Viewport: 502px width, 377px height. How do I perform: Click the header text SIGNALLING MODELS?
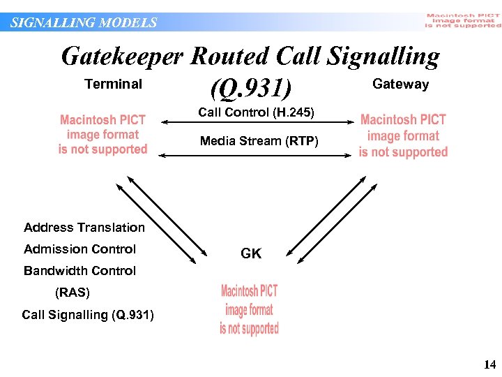[84, 22]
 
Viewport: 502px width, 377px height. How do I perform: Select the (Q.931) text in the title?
[249, 89]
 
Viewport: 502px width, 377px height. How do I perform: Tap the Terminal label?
[113, 84]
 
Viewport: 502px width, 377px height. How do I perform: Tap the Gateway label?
[401, 84]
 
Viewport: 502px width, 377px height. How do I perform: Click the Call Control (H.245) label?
[256, 112]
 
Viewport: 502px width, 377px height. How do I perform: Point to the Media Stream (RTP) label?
[259, 141]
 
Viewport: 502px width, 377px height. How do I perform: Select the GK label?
[251, 254]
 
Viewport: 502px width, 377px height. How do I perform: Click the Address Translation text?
[84, 228]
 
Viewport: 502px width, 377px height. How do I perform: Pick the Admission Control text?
[80, 249]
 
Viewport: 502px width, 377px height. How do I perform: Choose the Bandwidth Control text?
[80, 271]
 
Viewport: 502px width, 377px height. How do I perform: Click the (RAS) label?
[73, 293]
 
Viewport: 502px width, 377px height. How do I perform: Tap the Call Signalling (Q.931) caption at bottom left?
[88, 315]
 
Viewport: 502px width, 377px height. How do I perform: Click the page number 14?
[489, 364]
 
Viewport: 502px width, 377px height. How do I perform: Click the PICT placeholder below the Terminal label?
[103, 135]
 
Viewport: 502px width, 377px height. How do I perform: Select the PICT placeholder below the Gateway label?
[404, 136]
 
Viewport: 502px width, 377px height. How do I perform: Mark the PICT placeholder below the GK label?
[250, 310]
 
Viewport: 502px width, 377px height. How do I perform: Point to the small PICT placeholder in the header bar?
[463, 21]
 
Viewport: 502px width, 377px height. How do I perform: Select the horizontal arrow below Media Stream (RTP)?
[259, 151]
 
